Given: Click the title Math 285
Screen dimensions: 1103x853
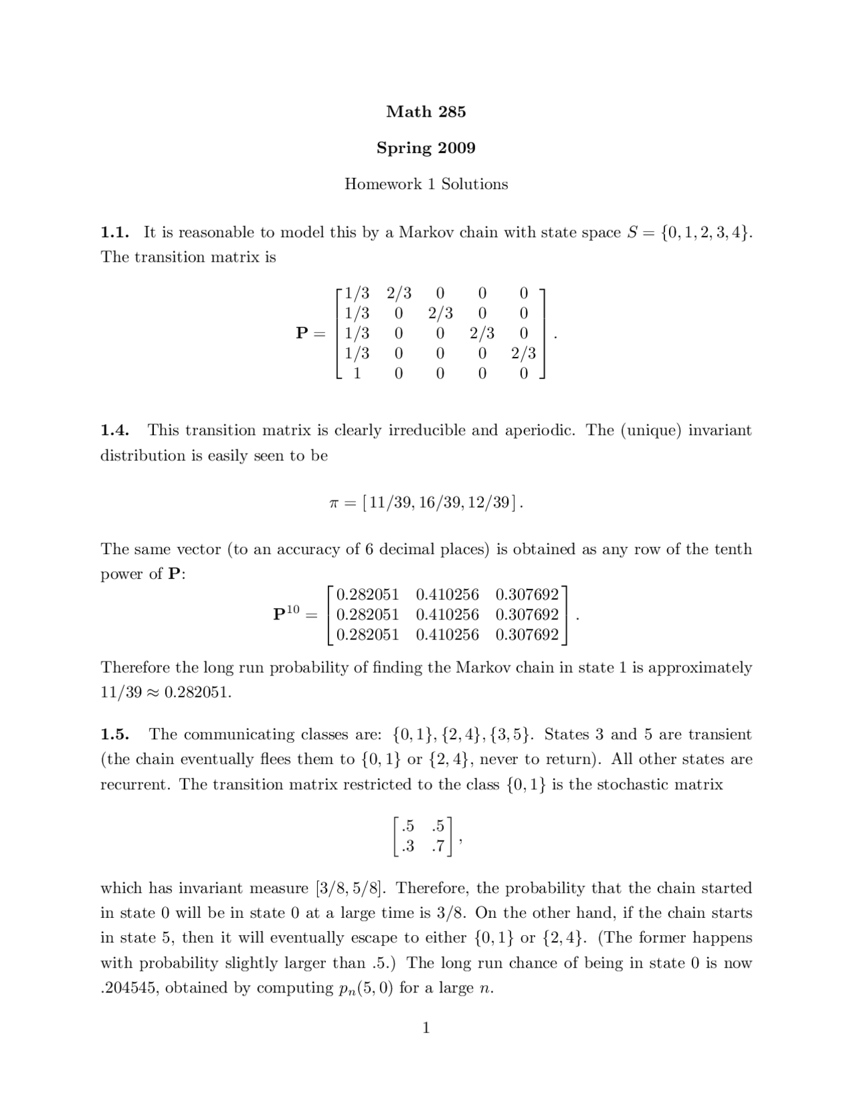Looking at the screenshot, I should [426, 112].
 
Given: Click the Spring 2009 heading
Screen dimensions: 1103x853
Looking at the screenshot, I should [426, 148].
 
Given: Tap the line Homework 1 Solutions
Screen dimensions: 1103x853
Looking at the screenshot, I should [426, 184].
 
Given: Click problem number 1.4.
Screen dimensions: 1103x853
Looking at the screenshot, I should [114, 430].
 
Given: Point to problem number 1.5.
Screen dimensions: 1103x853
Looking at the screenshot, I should [114, 735].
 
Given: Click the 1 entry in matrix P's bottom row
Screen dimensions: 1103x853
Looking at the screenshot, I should [357, 374].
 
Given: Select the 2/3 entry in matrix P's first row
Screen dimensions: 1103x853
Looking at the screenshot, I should [399, 293].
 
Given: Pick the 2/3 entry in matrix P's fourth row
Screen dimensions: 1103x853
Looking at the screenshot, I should [523, 354].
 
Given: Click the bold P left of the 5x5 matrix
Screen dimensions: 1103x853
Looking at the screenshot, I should [302, 333].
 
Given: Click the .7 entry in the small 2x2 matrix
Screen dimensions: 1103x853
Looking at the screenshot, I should [438, 847].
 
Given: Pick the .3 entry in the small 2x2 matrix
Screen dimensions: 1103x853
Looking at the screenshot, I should [407, 847].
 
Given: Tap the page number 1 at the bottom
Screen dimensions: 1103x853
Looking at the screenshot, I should [426, 1028].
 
